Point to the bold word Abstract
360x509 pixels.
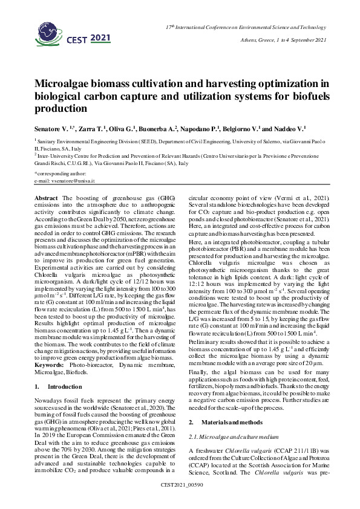47,198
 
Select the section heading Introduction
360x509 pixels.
64,369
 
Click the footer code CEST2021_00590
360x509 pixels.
180,502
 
